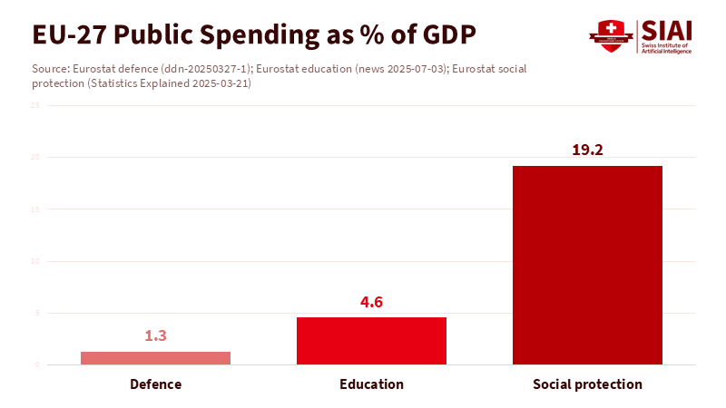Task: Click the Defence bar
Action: [155, 358]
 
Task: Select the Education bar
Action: [371, 341]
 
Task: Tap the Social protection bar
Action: [587, 265]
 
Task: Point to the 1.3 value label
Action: [155, 335]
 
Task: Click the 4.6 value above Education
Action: [371, 302]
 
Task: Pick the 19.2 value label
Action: [587, 151]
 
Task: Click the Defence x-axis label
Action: [155, 384]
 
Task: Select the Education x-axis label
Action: [371, 384]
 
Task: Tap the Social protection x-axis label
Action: [587, 384]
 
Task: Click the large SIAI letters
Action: [666, 29]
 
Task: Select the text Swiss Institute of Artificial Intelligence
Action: [667, 48]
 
